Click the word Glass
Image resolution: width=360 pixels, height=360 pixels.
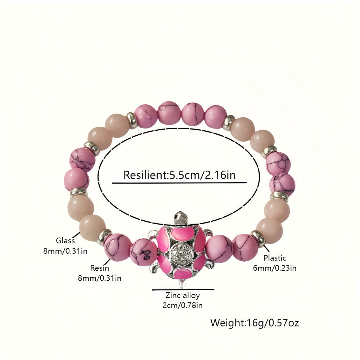point(65,240)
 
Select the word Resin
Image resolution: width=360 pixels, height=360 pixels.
point(99,268)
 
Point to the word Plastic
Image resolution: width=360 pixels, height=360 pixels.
point(275,258)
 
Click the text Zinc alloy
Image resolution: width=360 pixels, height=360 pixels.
point(183,296)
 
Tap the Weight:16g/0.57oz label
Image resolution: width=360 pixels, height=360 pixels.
point(255,322)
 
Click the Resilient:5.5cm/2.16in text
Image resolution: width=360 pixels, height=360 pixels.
point(180,175)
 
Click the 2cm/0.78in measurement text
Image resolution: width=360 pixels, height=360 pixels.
point(183,306)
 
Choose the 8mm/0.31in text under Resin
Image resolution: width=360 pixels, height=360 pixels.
point(99,278)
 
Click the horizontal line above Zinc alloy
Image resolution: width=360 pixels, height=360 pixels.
point(183,289)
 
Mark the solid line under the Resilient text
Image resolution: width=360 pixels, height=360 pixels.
point(179,183)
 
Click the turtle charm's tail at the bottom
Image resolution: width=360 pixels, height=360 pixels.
point(183,284)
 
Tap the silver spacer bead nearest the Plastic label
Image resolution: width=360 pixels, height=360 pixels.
point(258,238)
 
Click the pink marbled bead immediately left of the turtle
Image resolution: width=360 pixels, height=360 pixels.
point(143,252)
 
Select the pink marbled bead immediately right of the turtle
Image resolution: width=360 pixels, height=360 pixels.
point(219,249)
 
